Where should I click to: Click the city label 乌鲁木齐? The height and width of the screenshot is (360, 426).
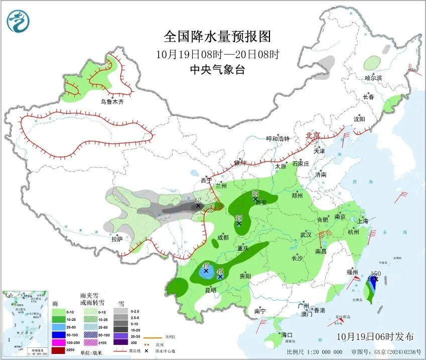tap(111, 102)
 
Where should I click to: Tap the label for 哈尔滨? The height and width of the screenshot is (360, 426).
tap(373, 78)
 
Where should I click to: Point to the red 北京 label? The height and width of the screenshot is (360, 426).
tap(314, 135)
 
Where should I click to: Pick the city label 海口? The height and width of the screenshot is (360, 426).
tap(287, 334)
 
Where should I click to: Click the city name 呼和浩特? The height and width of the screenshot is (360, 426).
tap(277, 139)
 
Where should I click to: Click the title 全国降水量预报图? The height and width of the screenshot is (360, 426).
tap(217, 36)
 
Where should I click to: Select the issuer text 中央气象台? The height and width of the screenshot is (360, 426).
tap(217, 70)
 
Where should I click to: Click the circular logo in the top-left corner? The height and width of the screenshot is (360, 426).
tap(19, 21)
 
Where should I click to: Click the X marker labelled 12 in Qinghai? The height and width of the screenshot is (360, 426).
tap(198, 205)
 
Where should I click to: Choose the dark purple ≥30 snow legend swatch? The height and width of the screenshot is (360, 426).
tap(120, 342)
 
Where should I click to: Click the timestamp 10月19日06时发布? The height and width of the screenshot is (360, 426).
tap(375, 336)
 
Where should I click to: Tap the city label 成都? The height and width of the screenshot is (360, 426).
tap(223, 237)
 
